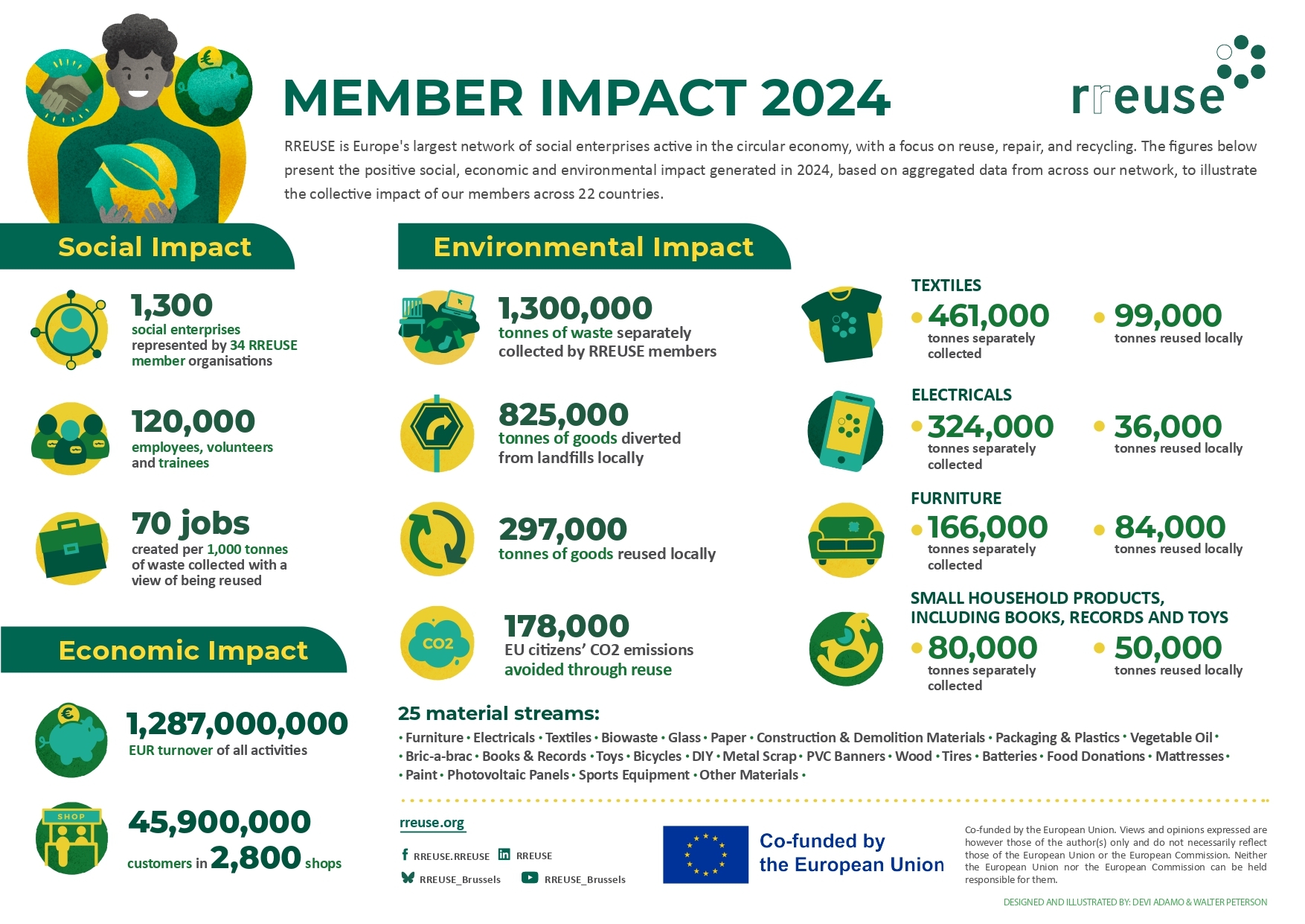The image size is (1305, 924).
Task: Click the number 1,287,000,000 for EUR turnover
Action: [x=237, y=724]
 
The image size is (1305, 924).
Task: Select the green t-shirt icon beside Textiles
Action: [x=842, y=324]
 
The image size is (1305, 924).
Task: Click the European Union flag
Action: [x=705, y=854]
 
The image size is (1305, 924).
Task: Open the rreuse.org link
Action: [x=432, y=823]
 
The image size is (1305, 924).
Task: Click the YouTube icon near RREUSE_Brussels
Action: [x=529, y=877]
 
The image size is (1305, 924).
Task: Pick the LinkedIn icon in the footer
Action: [x=504, y=854]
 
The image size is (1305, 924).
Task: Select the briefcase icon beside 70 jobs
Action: [x=72, y=548]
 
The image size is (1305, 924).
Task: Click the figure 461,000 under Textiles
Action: [x=988, y=316]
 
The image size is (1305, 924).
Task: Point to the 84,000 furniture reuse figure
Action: [x=1169, y=528]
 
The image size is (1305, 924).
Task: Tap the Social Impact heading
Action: [x=155, y=246]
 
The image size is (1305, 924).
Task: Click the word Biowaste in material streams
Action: [x=629, y=737]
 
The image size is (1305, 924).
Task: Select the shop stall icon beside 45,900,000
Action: [x=71, y=838]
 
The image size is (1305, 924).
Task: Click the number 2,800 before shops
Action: [x=256, y=858]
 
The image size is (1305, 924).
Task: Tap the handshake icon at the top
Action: [x=63, y=88]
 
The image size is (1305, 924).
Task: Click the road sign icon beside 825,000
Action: [x=437, y=432]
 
